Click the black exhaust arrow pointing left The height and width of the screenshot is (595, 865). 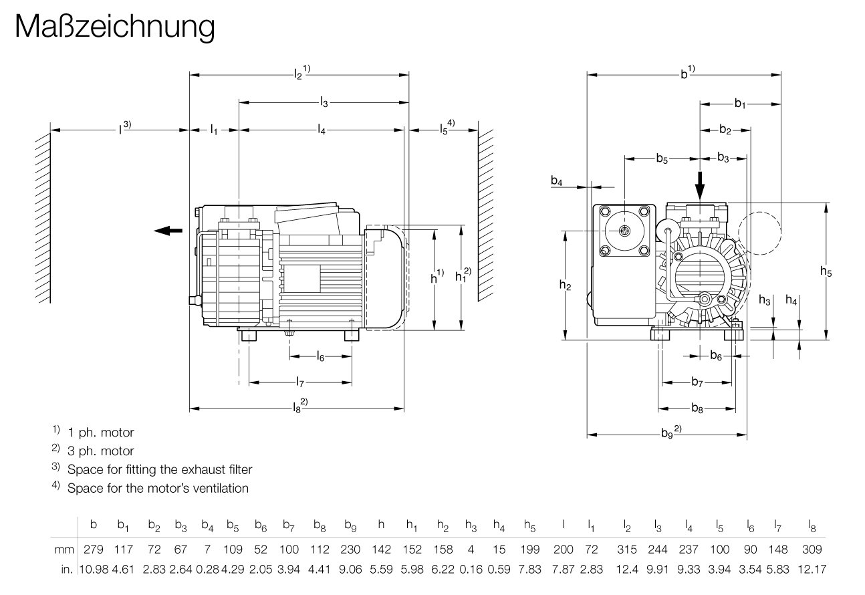click(x=168, y=231)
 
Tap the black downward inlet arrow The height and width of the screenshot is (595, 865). click(x=699, y=183)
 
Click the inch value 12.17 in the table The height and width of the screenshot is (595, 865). click(x=810, y=568)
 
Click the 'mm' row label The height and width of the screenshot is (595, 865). click(x=64, y=549)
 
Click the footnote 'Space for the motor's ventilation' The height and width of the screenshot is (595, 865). click(x=158, y=488)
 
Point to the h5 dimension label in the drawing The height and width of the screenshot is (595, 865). click(x=826, y=271)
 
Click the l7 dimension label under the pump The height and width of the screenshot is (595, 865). click(x=300, y=382)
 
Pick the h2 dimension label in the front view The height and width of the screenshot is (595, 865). click(x=566, y=285)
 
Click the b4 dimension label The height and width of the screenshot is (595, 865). click(x=557, y=181)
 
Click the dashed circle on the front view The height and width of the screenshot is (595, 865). click(x=759, y=232)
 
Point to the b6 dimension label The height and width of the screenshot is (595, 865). click(x=716, y=356)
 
